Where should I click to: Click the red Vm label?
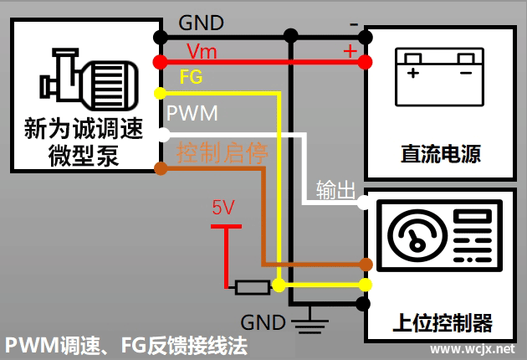(x=201, y=51)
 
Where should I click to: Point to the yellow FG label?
(x=191, y=77)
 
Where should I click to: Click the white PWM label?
(x=192, y=111)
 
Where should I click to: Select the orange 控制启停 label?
(x=221, y=153)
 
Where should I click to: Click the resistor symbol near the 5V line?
(x=252, y=287)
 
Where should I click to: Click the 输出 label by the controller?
(x=335, y=189)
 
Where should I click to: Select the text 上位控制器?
(x=441, y=322)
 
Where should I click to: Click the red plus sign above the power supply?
(x=350, y=51)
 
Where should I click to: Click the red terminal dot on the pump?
(x=158, y=61)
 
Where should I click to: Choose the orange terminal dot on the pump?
(x=158, y=169)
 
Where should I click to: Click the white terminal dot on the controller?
(x=363, y=203)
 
